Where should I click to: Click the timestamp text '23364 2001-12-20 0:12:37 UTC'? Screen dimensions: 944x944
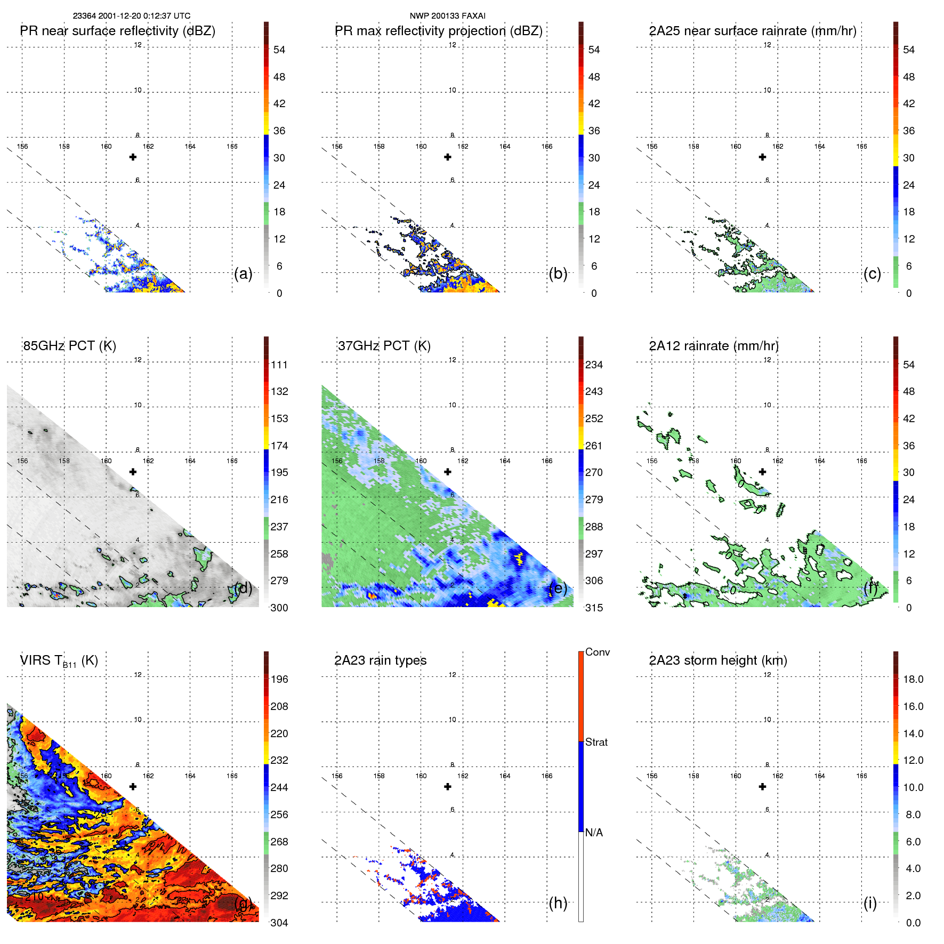pos(131,16)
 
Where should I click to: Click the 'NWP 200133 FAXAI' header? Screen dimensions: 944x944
pos(447,16)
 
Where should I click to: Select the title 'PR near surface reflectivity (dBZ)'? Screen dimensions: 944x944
pos(117,31)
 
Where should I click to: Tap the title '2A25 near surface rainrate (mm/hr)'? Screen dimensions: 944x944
pos(752,31)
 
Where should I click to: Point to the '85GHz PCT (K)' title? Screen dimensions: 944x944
pos(69,346)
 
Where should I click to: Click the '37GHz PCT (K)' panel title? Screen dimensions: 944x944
pos(384,346)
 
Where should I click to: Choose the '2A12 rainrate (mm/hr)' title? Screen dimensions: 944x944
pos(713,346)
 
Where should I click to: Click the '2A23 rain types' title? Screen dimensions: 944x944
pos(380,660)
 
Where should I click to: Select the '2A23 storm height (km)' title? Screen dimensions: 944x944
pos(717,660)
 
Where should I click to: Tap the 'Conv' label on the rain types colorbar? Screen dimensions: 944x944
pos(597,652)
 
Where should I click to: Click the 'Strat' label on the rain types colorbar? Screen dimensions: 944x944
pos(596,743)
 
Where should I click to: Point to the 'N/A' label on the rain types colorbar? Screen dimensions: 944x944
pos(594,833)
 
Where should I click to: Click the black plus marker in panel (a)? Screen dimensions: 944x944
pos(133,157)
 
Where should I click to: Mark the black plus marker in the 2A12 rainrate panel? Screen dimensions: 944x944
pos(762,472)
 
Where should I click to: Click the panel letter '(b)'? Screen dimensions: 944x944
pos(558,274)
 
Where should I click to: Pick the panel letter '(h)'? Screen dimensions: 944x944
pos(558,903)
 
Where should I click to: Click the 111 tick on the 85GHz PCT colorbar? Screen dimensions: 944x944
pos(279,365)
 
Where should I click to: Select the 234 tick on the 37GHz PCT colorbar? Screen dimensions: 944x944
pos(594,365)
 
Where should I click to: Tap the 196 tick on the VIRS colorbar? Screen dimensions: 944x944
pos(279,680)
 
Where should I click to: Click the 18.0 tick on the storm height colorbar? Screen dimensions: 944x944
pos(913,680)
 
